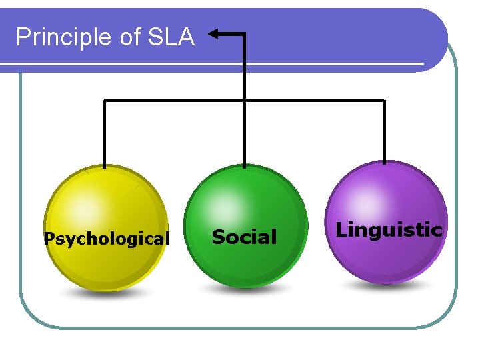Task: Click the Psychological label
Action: pyautogui.click(x=107, y=238)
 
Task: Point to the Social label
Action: pyautogui.click(x=244, y=237)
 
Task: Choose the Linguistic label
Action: pyautogui.click(x=389, y=230)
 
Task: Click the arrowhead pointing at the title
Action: pyautogui.click(x=215, y=33)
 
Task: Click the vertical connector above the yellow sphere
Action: pyautogui.click(x=104, y=133)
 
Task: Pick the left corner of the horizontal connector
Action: pyautogui.click(x=104, y=101)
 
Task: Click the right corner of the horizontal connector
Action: pyautogui.click(x=385, y=101)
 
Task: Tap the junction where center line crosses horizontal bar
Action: pyautogui.click(x=244, y=101)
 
